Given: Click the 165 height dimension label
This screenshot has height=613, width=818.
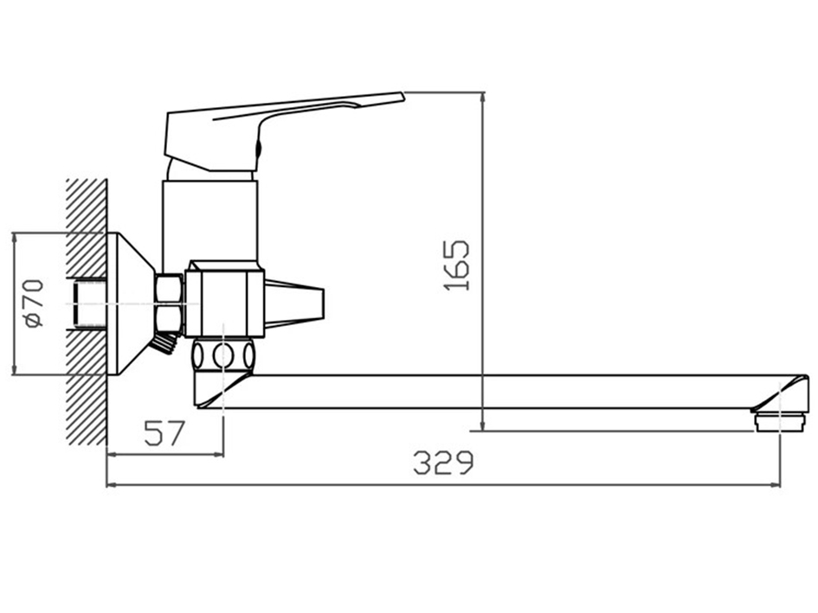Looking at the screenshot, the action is (457, 265).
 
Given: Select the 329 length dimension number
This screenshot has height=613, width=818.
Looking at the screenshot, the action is (443, 463).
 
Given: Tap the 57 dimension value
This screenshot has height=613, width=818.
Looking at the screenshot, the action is (164, 433).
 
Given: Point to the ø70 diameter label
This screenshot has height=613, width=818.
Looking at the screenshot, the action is (35, 303).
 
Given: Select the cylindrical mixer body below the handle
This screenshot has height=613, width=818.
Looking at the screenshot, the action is (210, 221).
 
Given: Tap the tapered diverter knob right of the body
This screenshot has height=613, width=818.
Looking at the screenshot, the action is (294, 303).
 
